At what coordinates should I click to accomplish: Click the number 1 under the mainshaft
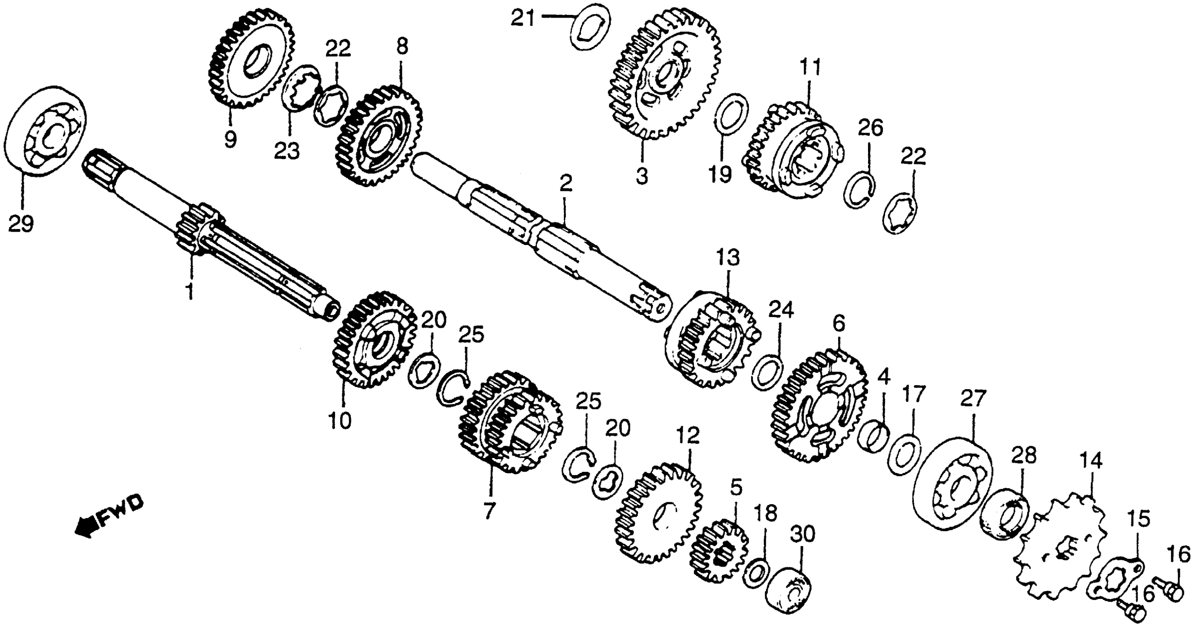189,291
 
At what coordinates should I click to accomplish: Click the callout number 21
522,19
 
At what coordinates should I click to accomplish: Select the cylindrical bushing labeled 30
788,590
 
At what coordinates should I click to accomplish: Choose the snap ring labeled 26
859,190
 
